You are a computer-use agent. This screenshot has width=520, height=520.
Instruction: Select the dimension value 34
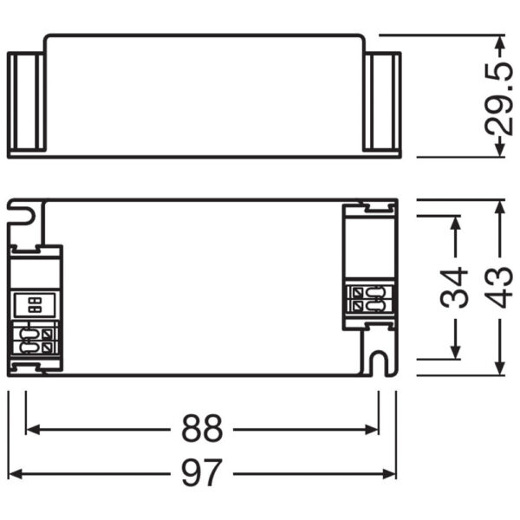coord(454,288)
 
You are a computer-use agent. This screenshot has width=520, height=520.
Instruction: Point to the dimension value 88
coord(202,428)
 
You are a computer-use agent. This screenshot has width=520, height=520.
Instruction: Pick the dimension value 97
coord(202,473)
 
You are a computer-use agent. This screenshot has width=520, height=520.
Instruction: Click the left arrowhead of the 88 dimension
coord(32,428)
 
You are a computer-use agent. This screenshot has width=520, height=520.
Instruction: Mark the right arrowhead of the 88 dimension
coord(374,428)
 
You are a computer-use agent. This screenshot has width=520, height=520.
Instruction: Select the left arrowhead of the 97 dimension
coord(14,473)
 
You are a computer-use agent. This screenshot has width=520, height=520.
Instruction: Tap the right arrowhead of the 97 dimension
coord(391,473)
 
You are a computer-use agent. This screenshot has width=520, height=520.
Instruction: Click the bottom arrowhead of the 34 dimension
coord(453,352)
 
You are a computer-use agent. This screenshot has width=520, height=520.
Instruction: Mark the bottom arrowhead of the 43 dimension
coord(498,369)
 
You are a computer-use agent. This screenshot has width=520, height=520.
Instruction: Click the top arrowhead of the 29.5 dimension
coord(498,41)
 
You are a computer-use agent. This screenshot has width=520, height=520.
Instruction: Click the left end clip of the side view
coord(25,104)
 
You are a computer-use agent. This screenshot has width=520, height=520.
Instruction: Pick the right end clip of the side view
coord(382,104)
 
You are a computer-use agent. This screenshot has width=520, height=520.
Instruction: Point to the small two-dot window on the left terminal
coord(35,304)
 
